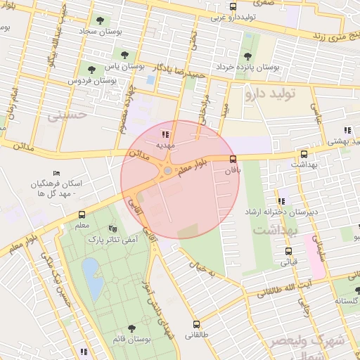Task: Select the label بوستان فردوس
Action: (x=91, y=81)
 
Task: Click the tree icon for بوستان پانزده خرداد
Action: (x=247, y=56)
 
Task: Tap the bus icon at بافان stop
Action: (x=233, y=159)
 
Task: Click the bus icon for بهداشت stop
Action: (x=304, y=154)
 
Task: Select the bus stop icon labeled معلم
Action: (x=82, y=214)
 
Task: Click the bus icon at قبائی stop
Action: (x=288, y=251)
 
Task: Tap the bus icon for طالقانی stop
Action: (x=195, y=325)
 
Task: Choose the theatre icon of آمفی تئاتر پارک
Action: (x=112, y=229)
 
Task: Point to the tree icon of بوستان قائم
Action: (x=131, y=328)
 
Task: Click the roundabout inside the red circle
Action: (x=167, y=171)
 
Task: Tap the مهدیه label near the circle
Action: (x=165, y=144)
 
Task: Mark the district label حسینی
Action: (x=67, y=115)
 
